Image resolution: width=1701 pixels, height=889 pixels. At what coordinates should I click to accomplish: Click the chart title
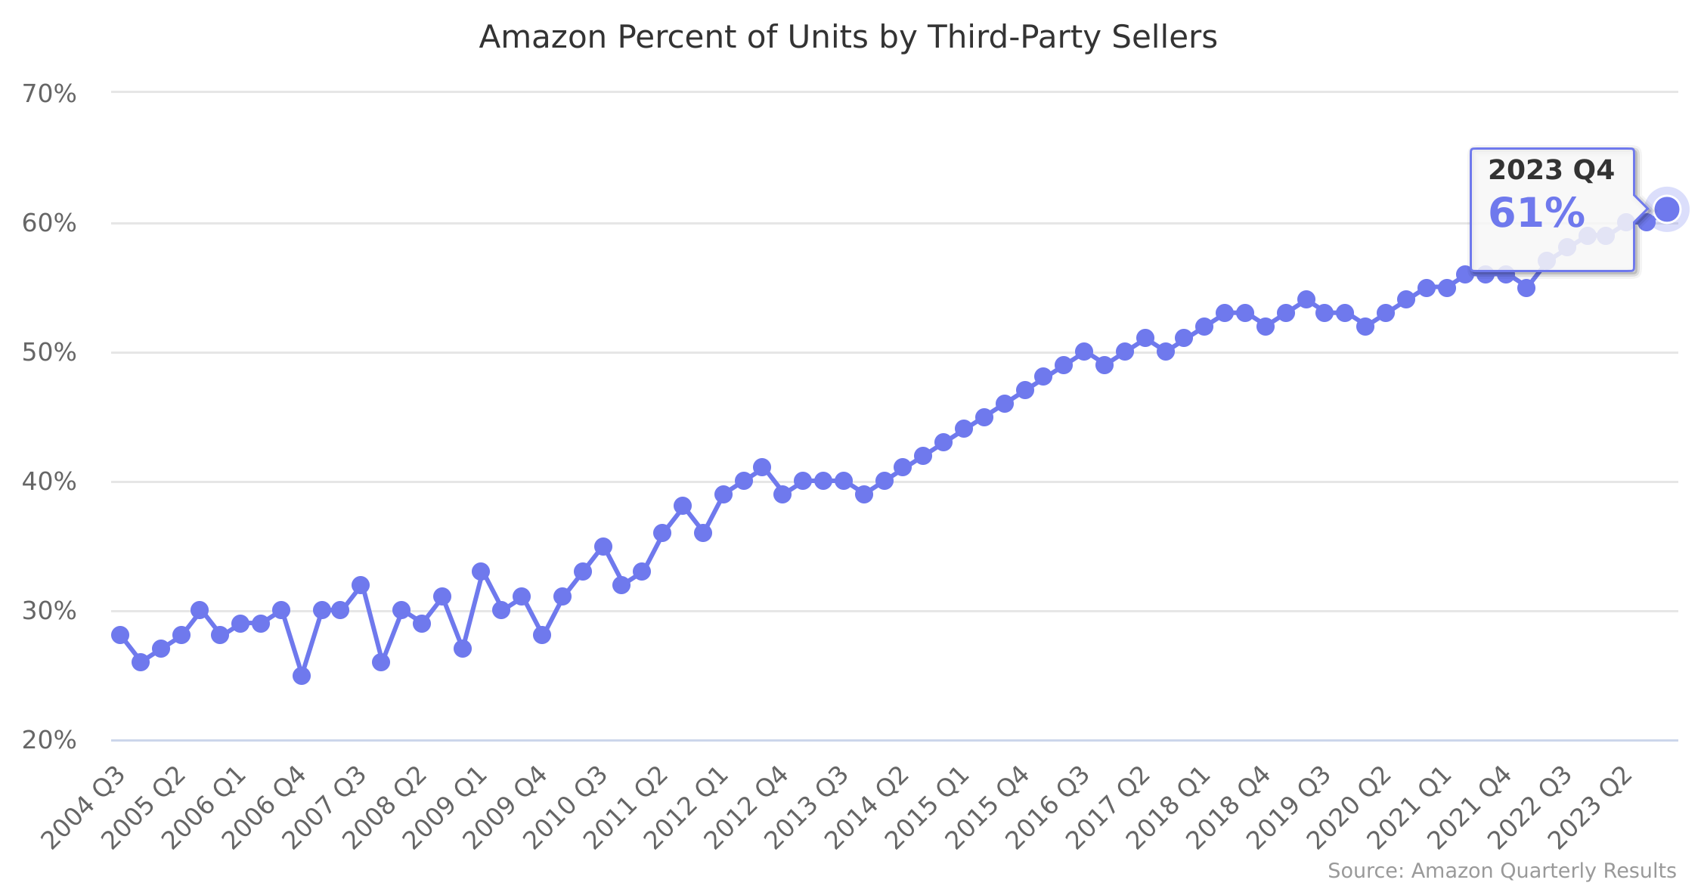click(x=847, y=37)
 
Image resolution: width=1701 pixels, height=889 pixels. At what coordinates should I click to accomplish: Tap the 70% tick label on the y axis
click(x=49, y=94)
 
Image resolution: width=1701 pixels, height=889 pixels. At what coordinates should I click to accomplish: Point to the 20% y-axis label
click(x=49, y=740)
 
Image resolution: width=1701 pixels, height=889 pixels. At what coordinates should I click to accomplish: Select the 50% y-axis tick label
click(x=49, y=353)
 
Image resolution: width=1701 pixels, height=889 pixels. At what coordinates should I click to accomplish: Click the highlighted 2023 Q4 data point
click(x=1666, y=209)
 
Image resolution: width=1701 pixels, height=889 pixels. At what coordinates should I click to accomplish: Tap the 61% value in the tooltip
click(x=1536, y=213)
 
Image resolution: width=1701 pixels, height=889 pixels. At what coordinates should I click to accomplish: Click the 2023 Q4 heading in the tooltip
click(x=1551, y=171)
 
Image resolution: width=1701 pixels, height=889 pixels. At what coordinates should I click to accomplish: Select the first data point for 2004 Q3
click(x=120, y=635)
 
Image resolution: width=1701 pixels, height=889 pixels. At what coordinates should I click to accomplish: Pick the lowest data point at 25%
click(x=302, y=675)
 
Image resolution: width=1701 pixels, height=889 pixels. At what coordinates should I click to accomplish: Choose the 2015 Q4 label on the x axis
click(x=990, y=807)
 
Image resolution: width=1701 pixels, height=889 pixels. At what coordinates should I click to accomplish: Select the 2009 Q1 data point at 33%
click(x=481, y=571)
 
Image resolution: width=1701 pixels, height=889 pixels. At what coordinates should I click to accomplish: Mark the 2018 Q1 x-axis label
click(x=1171, y=807)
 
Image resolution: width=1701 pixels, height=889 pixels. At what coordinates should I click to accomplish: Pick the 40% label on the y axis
click(x=49, y=482)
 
